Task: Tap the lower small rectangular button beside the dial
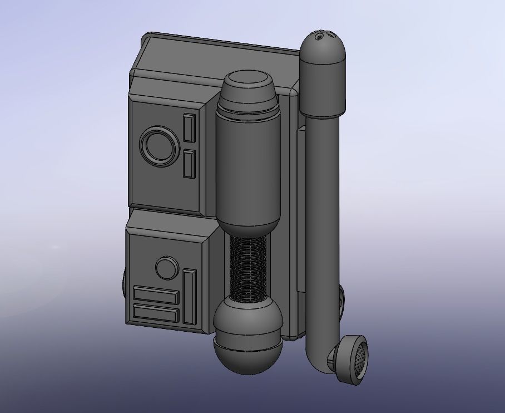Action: coord(190,164)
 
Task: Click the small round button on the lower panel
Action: coord(166,268)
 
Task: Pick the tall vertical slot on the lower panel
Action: coord(190,296)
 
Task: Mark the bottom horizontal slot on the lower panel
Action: coord(156,314)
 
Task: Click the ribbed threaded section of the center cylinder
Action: coord(248,267)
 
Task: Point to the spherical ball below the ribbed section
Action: coord(248,334)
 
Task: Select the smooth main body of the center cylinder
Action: coord(248,167)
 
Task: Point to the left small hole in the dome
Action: coord(319,37)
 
